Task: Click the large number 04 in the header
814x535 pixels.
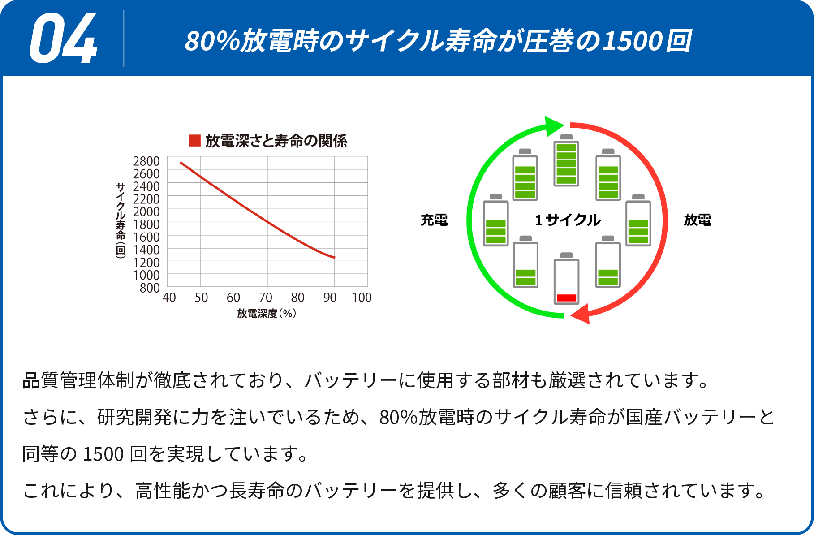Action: (x=64, y=39)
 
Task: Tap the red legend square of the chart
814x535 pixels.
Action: (x=194, y=141)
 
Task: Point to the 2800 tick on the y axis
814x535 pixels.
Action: (x=146, y=161)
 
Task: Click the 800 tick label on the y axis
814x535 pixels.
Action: (x=150, y=288)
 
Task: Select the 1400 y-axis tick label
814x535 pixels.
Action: (x=146, y=250)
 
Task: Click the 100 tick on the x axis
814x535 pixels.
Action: (x=362, y=298)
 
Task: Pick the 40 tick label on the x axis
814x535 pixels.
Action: (x=169, y=298)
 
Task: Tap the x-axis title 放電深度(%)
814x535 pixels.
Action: (x=267, y=314)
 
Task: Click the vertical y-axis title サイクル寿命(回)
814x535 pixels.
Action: (x=121, y=220)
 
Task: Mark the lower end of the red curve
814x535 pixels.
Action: (x=335, y=258)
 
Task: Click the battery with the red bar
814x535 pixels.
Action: (x=567, y=279)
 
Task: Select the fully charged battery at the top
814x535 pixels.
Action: (x=567, y=160)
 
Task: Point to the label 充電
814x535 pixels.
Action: (x=434, y=220)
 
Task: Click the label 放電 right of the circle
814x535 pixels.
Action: (x=698, y=220)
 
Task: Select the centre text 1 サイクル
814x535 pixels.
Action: (x=568, y=220)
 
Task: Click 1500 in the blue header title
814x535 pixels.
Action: (x=633, y=41)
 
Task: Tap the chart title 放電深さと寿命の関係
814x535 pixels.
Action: (x=276, y=141)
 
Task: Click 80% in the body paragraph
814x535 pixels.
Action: (x=398, y=418)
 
